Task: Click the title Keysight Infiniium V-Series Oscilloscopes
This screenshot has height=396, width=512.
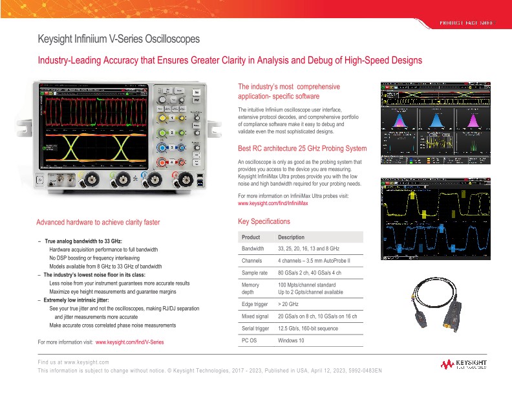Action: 118,39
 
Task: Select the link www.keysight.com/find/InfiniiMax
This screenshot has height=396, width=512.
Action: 273,203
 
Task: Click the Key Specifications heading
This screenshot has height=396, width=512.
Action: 264,222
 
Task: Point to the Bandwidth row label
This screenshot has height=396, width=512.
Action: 253,248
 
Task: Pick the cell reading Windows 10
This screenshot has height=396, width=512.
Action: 290,340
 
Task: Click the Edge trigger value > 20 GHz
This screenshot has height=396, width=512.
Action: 289,303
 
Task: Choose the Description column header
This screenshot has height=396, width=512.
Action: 291,237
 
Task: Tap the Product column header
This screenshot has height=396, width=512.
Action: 251,237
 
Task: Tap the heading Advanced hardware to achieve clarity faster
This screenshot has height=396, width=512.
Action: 98,222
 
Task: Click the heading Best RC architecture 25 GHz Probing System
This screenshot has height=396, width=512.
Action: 303,148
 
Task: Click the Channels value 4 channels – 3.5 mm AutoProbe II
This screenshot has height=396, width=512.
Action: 314,261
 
